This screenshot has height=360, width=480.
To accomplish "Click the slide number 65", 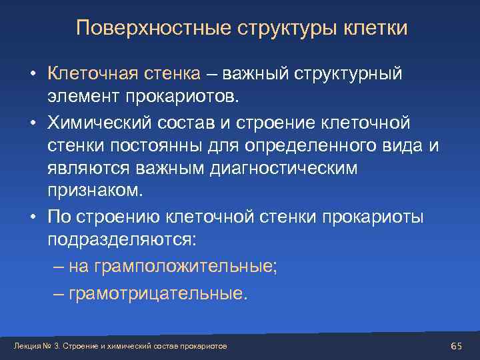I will coord(457,345).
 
